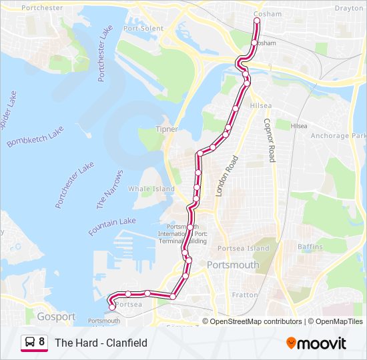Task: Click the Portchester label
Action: [x=42, y=8]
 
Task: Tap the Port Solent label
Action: [x=143, y=29]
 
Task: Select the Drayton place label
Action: [x=348, y=9]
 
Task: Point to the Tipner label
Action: [x=166, y=129]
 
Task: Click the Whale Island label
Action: [x=151, y=189]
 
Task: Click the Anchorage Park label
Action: [x=338, y=136]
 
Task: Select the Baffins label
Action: [x=310, y=247]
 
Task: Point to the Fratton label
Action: [x=245, y=295]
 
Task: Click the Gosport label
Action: [x=56, y=317]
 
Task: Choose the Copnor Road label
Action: [x=268, y=141]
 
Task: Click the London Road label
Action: [x=226, y=176]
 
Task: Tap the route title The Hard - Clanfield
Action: [x=101, y=343]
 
